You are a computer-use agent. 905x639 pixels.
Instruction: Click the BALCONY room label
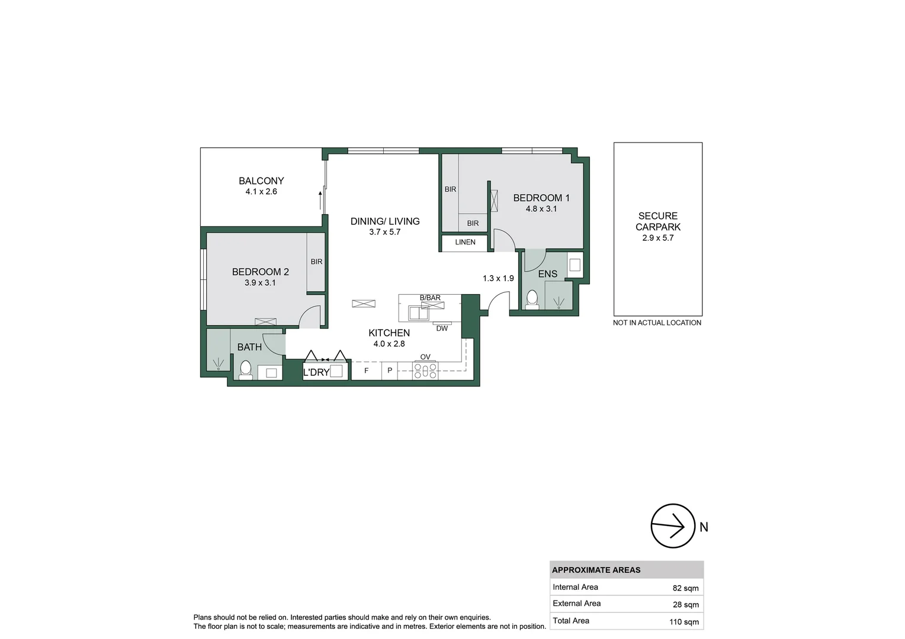click(x=261, y=181)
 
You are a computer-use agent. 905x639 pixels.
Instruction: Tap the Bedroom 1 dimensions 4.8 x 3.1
click(x=541, y=209)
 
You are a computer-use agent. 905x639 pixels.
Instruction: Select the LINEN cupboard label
click(x=465, y=242)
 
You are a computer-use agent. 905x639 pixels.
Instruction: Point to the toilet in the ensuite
click(x=532, y=299)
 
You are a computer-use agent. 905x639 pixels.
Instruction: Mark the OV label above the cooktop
click(x=425, y=357)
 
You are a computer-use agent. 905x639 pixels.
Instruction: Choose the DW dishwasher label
click(x=442, y=328)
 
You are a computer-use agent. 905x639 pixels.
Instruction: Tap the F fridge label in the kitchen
click(x=366, y=371)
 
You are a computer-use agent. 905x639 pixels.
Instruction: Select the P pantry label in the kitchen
click(x=389, y=371)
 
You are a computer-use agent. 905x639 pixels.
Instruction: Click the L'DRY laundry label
click(x=316, y=372)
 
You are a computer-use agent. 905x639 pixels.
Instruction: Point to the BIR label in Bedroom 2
click(x=316, y=262)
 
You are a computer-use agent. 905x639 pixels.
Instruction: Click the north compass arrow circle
click(x=672, y=526)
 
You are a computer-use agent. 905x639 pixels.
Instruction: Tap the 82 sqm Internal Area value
click(x=685, y=588)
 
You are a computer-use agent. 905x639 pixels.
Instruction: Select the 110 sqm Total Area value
click(x=683, y=622)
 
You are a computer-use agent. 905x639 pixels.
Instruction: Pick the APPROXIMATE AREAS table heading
click(x=596, y=570)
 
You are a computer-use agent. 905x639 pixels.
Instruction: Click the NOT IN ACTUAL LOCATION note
click(x=657, y=323)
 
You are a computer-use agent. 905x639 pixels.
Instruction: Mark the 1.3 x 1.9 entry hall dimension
click(x=498, y=278)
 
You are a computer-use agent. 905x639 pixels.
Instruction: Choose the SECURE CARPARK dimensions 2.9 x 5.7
click(x=657, y=238)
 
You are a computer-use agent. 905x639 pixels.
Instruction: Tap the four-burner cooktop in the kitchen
click(x=425, y=371)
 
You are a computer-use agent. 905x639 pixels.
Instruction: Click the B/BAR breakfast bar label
click(x=430, y=298)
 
